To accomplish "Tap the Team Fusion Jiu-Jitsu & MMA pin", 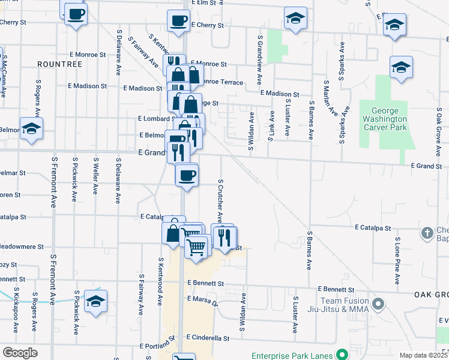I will (x=378, y=304).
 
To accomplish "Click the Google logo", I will (x=20, y=353).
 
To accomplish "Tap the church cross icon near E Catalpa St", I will (x=427, y=232).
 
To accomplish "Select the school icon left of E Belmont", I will (x=31, y=128).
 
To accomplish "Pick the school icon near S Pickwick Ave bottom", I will (x=95, y=301).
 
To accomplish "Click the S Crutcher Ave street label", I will (x=220, y=199).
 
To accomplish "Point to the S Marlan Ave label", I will (x=328, y=97).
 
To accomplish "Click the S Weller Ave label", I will (x=95, y=176).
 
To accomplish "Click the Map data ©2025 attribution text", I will (x=423, y=355).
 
